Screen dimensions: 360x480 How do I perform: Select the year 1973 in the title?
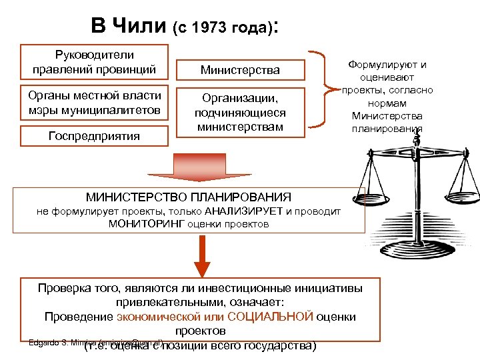213,29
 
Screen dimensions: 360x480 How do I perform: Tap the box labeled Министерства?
241,70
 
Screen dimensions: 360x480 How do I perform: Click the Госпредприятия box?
94,136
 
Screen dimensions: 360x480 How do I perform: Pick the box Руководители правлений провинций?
94,61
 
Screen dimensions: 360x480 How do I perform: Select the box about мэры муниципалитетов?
94,103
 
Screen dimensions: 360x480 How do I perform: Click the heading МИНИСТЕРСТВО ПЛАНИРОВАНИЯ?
189,197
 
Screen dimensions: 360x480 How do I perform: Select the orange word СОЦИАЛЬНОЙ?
271,317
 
